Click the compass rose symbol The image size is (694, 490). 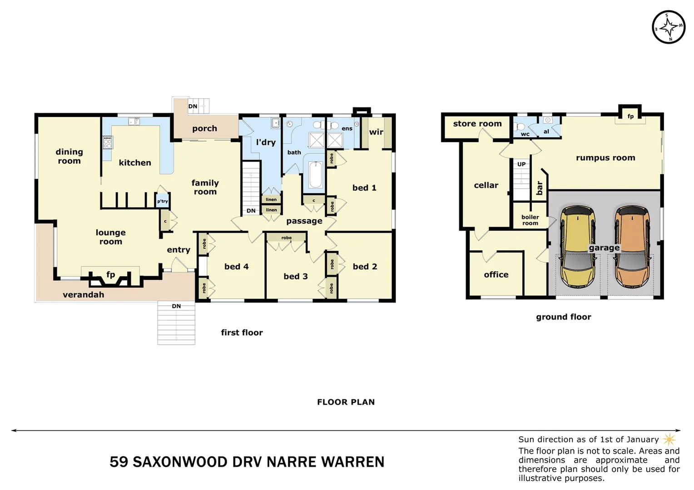[x=669, y=27]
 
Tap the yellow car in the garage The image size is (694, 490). [x=577, y=247]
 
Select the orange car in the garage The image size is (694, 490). [x=632, y=247]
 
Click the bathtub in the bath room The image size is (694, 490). [x=316, y=175]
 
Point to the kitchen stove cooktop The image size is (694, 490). [x=108, y=142]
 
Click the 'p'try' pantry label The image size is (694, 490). [x=163, y=201]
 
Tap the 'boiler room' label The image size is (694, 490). [x=530, y=220]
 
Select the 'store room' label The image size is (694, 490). [x=477, y=123]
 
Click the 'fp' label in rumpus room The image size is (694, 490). [x=630, y=116]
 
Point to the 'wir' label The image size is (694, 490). [x=376, y=132]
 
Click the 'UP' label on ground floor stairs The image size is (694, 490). [x=521, y=164]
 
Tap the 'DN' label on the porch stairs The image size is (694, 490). [x=193, y=106]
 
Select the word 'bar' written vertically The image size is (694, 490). [x=540, y=188]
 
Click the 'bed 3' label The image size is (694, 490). [x=296, y=276]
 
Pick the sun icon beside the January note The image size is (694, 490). [x=669, y=439]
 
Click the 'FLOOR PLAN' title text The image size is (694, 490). [x=346, y=402]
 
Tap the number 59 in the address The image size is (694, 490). [x=119, y=462]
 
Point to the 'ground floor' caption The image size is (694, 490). [x=563, y=317]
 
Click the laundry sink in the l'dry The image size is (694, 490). [x=275, y=123]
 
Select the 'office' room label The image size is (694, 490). [x=496, y=274]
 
